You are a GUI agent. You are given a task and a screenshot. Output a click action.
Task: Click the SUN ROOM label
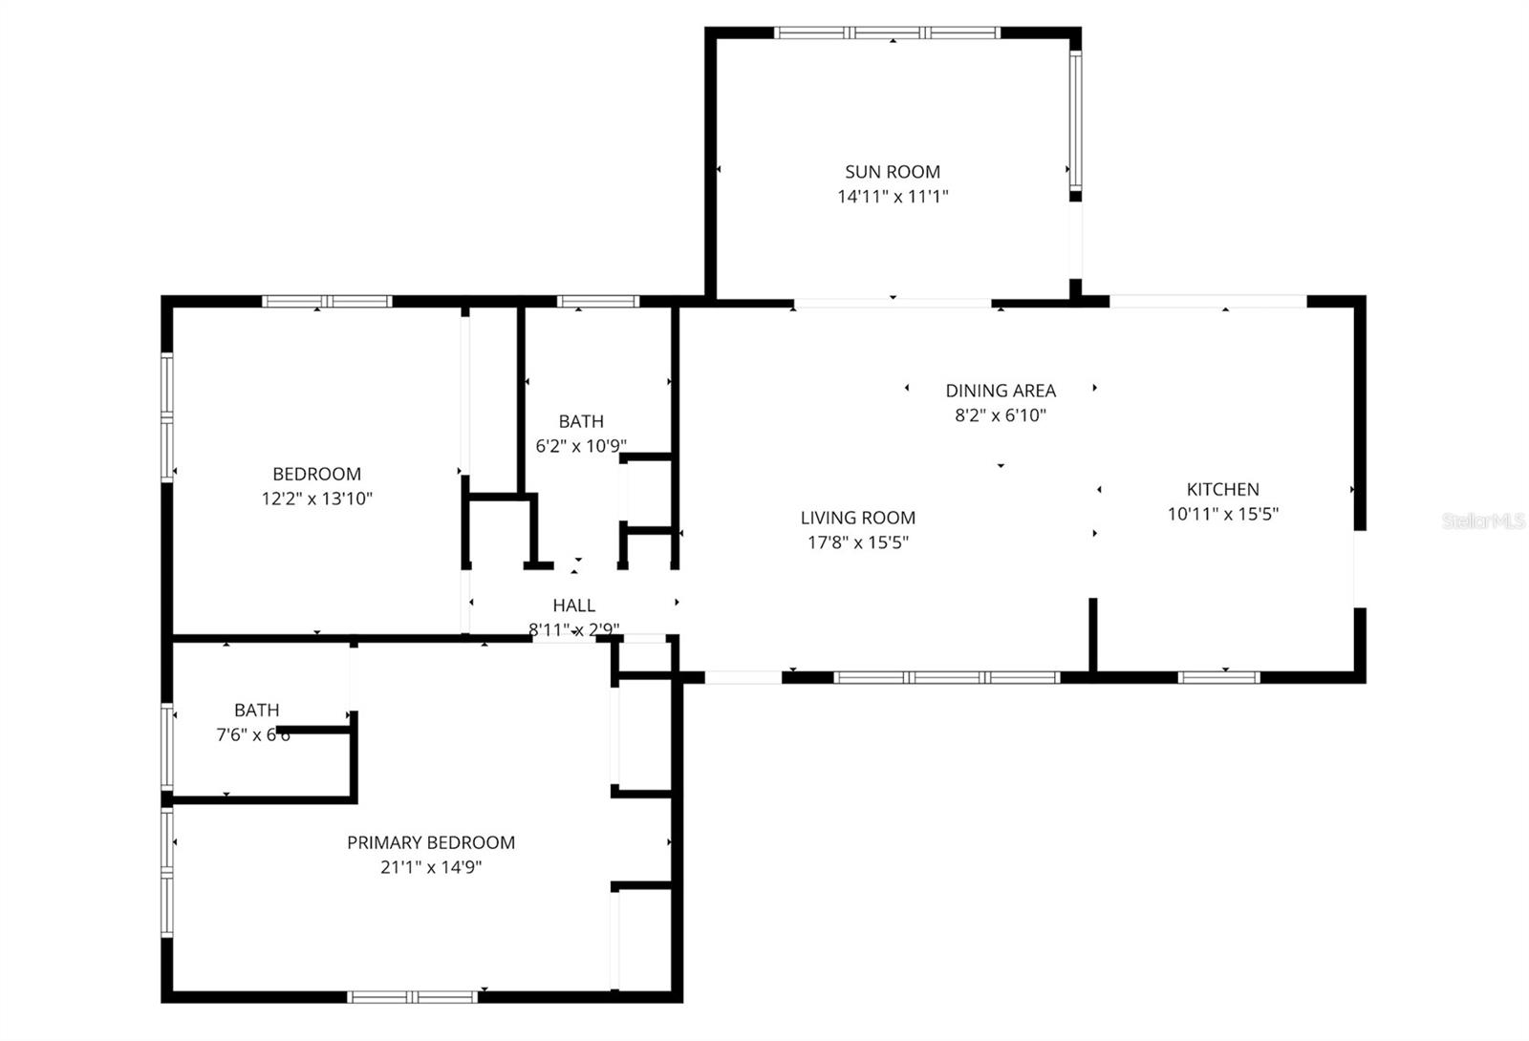(892, 172)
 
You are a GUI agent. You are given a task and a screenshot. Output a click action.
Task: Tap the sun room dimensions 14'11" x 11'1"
(892, 197)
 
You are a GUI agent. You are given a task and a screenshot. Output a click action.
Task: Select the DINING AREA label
(1001, 391)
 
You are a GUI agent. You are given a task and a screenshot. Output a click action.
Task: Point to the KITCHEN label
(1222, 489)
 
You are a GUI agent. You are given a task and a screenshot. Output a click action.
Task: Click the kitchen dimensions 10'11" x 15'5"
(1222, 514)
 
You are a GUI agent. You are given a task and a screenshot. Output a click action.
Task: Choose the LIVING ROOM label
(857, 518)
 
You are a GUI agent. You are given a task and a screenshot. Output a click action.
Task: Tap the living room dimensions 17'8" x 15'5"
(857, 542)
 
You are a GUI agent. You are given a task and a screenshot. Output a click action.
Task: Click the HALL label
(573, 605)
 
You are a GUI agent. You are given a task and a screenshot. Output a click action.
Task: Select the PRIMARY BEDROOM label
(430, 842)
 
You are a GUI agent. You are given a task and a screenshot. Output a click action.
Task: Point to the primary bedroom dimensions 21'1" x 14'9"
(430, 867)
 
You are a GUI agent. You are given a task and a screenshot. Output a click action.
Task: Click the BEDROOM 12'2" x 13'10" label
(316, 474)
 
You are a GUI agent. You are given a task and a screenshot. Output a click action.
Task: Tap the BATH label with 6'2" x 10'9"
(581, 421)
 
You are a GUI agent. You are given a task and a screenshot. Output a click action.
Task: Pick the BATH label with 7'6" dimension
(256, 710)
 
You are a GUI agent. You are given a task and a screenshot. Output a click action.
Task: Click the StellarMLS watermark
(1482, 521)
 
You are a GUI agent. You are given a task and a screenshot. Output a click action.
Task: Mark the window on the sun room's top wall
(887, 32)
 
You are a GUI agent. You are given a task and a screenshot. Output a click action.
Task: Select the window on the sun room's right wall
(1075, 118)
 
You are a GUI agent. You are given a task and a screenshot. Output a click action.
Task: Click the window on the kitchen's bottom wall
(1218, 677)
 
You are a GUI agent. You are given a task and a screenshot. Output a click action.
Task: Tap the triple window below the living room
(946, 677)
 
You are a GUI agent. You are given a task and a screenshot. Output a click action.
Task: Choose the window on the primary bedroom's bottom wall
(412, 997)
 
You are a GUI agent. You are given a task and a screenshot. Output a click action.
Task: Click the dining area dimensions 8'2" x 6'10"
(1001, 415)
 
